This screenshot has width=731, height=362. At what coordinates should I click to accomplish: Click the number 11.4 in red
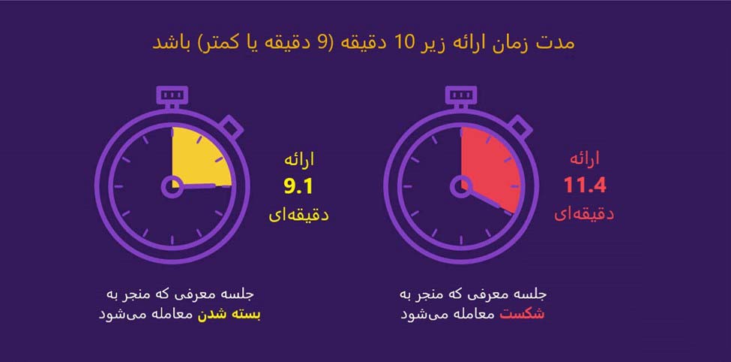pyautogui.click(x=585, y=186)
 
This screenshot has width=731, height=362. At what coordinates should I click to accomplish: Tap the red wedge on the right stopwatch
pyautogui.click(x=490, y=164)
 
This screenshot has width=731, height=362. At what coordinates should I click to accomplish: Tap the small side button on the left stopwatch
pyautogui.click(x=233, y=125)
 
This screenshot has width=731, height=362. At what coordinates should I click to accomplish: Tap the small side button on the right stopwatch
pyautogui.click(x=522, y=125)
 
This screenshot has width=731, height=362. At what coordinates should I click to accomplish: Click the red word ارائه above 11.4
pyautogui.click(x=585, y=159)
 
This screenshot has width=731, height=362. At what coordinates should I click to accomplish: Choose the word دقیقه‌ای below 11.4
pyautogui.click(x=585, y=213)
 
